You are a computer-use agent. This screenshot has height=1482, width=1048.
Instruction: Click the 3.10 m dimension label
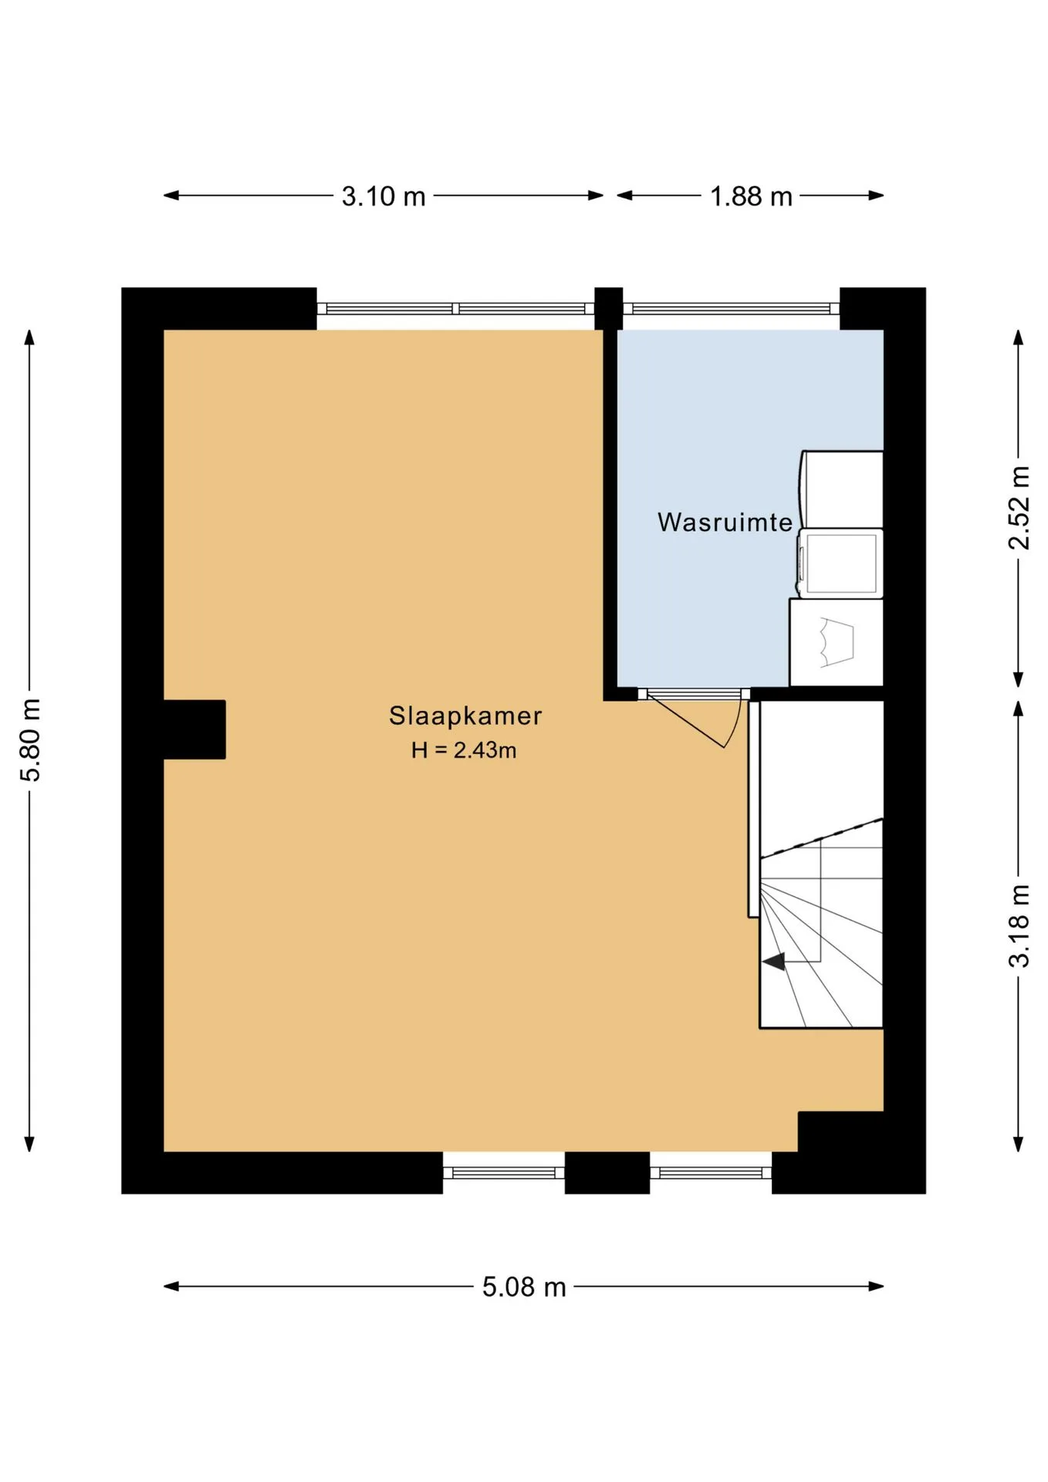point(384,196)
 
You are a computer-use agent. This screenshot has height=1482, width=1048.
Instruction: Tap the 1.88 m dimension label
point(751,196)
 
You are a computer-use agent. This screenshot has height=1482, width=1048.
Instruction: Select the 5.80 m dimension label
point(30,739)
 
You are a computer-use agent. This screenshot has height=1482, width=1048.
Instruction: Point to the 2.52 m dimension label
point(1019,508)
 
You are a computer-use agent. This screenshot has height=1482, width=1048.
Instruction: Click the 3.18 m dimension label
point(1019,925)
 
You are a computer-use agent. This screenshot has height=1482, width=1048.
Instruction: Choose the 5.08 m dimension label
point(524,1287)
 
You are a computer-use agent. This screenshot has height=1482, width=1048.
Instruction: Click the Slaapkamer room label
point(465,716)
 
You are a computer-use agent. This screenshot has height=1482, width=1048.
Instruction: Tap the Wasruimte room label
point(725,522)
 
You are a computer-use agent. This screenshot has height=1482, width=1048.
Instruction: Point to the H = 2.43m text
point(464,749)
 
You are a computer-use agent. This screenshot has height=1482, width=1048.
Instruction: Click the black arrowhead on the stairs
point(774,961)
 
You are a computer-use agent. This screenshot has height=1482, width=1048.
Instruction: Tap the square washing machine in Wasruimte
point(840,563)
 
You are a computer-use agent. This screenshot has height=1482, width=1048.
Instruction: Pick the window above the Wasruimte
point(732,309)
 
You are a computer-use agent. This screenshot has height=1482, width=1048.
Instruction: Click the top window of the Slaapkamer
point(455,309)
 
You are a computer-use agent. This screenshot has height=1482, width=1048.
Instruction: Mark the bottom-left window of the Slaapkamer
point(504,1172)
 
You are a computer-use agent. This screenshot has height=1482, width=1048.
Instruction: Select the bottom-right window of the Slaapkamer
point(711,1172)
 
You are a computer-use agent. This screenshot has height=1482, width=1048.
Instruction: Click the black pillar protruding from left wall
point(194,729)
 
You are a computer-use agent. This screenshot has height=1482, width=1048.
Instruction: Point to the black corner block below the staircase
point(840,1132)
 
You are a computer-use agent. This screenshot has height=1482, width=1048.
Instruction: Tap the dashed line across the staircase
point(821,837)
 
